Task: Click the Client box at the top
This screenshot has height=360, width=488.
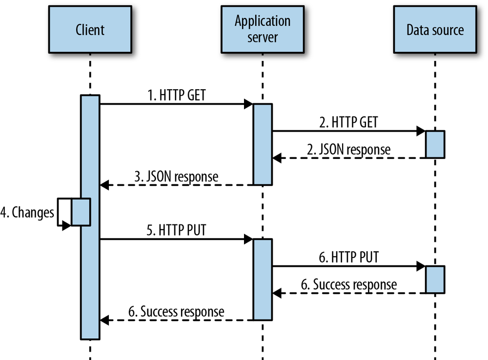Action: click(90, 29)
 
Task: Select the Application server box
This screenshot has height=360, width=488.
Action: click(262, 29)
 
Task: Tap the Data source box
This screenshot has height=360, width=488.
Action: click(434, 29)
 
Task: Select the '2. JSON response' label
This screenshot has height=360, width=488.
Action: click(348, 149)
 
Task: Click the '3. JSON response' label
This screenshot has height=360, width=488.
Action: click(177, 177)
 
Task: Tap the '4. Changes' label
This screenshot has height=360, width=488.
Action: click(27, 213)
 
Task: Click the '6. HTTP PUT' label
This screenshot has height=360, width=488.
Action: click(348, 258)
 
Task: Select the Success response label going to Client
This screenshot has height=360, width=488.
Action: click(177, 312)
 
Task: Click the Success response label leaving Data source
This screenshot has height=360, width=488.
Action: click(348, 284)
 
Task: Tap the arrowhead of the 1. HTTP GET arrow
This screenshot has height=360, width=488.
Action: click(248, 104)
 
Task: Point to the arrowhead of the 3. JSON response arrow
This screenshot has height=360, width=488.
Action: click(104, 185)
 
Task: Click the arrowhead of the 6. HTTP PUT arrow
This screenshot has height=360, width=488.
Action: click(420, 266)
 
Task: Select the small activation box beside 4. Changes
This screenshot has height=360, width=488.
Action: click(81, 212)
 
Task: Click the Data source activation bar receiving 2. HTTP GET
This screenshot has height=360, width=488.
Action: click(435, 144)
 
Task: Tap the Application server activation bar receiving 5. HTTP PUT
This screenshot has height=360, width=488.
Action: click(262, 280)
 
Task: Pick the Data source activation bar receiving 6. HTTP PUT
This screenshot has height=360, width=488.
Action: click(435, 280)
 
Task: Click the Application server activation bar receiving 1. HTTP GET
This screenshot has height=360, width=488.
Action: click(262, 144)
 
